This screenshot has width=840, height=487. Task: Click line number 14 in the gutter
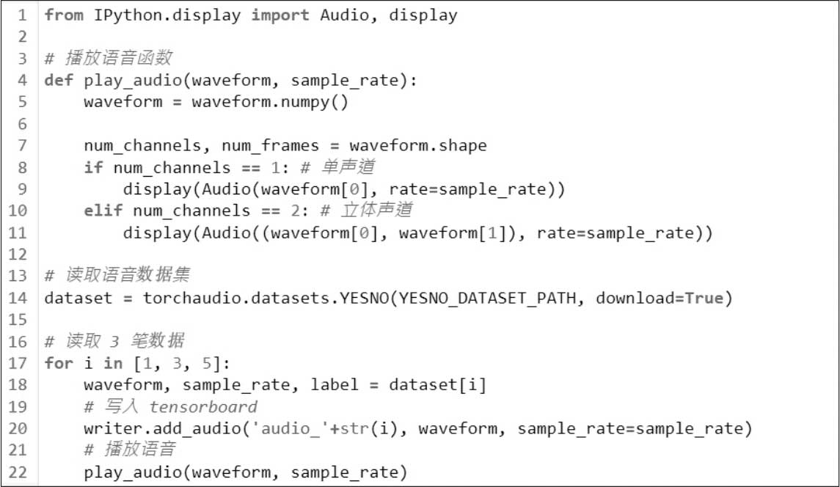18,299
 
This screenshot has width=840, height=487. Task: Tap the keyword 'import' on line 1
280,15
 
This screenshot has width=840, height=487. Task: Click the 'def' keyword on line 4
59,81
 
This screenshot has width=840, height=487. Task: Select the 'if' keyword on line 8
93,168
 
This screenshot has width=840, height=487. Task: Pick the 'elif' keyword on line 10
103,211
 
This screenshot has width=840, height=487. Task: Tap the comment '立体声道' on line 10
379,211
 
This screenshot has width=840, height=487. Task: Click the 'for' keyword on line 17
59,364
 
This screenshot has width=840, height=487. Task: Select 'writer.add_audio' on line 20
162,429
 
